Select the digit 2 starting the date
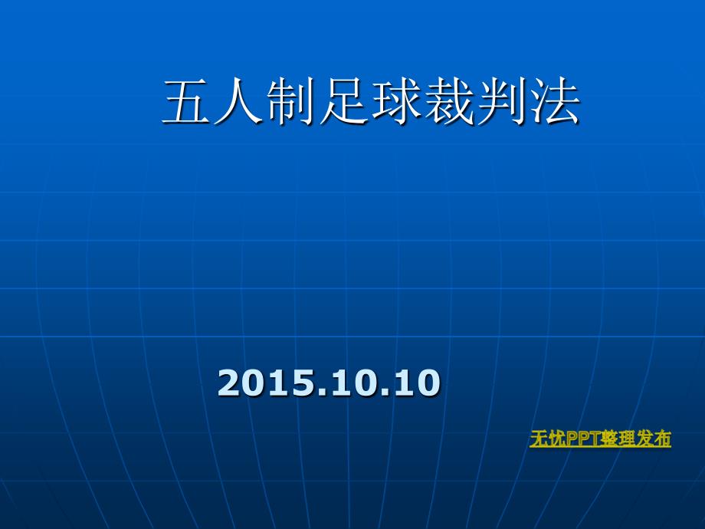(x=228, y=383)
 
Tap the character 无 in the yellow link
(x=537, y=439)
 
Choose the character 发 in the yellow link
(x=647, y=439)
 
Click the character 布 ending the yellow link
(x=663, y=439)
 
